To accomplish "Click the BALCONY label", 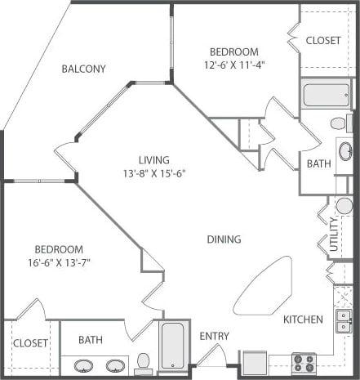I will tap(83, 69).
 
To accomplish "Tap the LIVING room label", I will tap(153, 159).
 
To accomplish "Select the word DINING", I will tap(224, 239).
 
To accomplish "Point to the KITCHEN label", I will tap(303, 319).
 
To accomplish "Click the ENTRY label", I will tap(214, 336).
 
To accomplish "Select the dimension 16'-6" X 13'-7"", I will tap(58, 263).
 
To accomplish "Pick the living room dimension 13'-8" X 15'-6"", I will tap(153, 173).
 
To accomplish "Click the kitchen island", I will tap(263, 285).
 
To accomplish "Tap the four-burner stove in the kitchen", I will tap(304, 363).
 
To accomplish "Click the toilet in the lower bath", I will tap(143, 360).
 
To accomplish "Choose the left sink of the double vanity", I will tap(83, 365).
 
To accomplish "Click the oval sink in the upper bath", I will tap(344, 151).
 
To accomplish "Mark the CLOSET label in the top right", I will tap(323, 40).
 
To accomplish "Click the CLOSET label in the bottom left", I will tap(30, 343).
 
